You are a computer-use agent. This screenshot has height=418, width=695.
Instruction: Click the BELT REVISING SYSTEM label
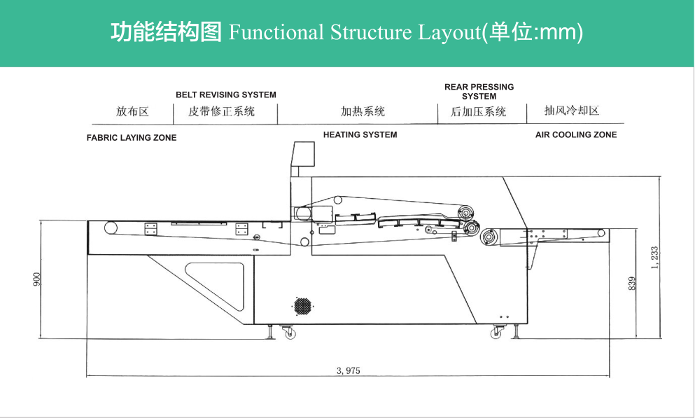tap(225, 95)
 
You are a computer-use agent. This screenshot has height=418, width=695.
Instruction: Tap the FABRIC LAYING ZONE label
tap(132, 138)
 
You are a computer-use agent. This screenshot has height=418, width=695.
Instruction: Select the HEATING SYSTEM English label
tap(360, 134)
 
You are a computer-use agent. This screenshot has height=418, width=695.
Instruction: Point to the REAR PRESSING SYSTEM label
tap(479, 92)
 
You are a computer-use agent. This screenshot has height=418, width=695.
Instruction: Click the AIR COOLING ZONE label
tap(576, 134)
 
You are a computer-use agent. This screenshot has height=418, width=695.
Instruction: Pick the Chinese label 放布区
tap(133, 111)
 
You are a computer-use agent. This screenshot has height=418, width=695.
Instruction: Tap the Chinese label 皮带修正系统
tap(222, 111)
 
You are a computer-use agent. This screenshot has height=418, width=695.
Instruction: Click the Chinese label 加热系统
tap(363, 111)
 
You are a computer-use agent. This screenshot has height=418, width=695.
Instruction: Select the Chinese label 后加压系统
tap(478, 111)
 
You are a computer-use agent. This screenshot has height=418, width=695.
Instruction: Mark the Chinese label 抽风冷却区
tap(572, 111)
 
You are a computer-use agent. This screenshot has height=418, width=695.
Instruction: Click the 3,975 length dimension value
tap(348, 370)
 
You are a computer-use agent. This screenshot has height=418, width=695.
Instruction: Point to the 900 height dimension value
tap(37, 279)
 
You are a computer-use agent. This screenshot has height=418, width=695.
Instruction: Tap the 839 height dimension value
tap(632, 283)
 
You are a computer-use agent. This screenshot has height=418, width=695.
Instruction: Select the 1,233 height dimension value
tap(655, 257)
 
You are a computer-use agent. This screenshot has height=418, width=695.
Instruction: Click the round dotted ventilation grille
tap(302, 306)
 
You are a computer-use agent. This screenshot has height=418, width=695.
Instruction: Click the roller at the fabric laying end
tap(110, 227)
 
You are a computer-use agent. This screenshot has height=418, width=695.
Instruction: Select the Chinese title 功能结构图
tap(166, 32)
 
